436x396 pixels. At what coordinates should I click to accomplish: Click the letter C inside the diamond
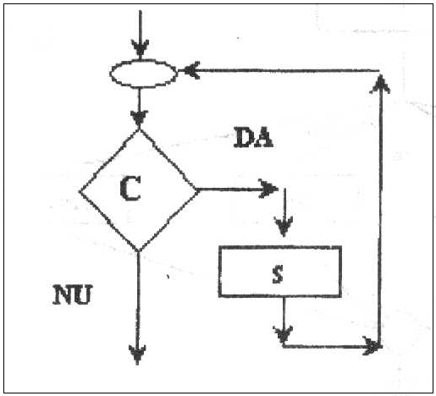coord(130,188)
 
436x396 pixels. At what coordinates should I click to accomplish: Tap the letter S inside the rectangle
coord(278,273)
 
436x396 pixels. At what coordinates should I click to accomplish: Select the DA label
coord(253,137)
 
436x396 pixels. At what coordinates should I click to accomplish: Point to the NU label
coord(73,294)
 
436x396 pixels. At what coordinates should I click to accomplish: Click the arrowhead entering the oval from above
coord(140,48)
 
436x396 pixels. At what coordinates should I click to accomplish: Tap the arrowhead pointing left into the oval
coord(191,70)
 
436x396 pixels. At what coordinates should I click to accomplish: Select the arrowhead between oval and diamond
coord(139,118)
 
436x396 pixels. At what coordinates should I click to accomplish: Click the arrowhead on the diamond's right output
coord(268,189)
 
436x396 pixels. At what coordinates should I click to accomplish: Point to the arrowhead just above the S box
coord(284,227)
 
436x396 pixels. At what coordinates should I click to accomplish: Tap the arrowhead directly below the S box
coord(283,334)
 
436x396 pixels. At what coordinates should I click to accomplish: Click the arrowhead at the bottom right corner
coord(373,346)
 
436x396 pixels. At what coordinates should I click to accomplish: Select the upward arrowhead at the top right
coord(380,84)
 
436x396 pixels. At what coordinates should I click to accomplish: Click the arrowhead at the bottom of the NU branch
coord(137,355)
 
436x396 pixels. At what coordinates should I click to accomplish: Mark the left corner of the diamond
coord(79,192)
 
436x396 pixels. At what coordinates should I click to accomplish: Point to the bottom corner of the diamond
coord(138,250)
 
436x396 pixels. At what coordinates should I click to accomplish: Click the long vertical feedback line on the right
coord(380,210)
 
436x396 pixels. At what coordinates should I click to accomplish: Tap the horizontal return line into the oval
coord(281,70)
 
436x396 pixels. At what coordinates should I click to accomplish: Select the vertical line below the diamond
coord(138,307)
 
